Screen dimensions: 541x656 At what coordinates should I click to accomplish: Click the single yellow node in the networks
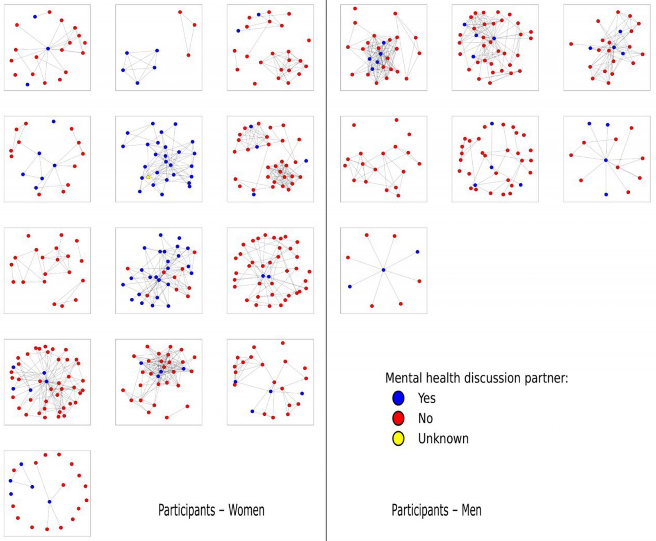coord(148,177)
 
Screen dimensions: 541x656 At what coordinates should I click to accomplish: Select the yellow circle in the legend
coord(398,439)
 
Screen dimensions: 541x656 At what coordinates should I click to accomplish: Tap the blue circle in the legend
coord(398,398)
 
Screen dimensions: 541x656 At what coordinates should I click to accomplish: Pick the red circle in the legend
coord(398,418)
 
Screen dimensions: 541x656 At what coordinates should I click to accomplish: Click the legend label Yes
coord(426,398)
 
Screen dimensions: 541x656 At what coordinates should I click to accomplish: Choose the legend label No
coord(425,418)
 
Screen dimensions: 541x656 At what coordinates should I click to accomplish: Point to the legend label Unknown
coord(443,439)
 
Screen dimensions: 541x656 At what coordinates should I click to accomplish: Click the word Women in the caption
coord(246,510)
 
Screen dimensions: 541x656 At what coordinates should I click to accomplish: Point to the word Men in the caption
coord(471,510)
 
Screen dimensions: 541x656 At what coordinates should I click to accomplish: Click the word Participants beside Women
coord(187,510)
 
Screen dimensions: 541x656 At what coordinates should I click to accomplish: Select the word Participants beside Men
coord(420,510)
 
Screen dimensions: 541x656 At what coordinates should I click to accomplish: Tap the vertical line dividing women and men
coord(326,270)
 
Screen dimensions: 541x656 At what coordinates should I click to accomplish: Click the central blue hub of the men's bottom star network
coord(383,270)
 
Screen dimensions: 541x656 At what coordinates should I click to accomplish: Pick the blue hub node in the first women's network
coord(48,49)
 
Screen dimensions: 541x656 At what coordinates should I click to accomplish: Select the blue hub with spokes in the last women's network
coord(49,502)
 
